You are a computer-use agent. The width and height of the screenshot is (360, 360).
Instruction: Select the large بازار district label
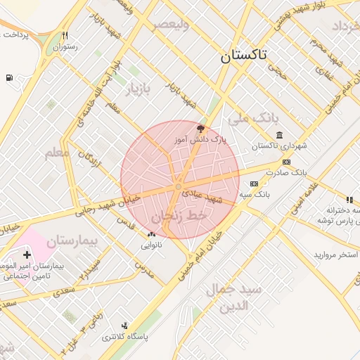pos(139,90)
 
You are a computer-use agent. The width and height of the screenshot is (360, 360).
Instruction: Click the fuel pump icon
pos(8,77)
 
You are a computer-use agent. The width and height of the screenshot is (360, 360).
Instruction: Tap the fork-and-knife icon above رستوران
pos(65,35)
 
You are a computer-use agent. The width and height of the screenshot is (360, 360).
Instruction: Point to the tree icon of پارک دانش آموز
pos(200,129)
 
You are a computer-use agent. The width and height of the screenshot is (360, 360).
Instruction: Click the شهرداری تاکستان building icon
pos(279,135)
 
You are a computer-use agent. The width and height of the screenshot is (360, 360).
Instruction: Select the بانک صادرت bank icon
pos(285,162)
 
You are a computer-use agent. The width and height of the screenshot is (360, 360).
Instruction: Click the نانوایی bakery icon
pos(151,235)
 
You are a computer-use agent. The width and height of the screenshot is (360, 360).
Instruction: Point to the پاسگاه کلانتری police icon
pos(125,326)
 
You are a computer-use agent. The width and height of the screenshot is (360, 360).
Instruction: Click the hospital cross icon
pos(27,255)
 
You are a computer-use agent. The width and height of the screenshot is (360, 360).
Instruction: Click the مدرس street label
pos(144,270)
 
